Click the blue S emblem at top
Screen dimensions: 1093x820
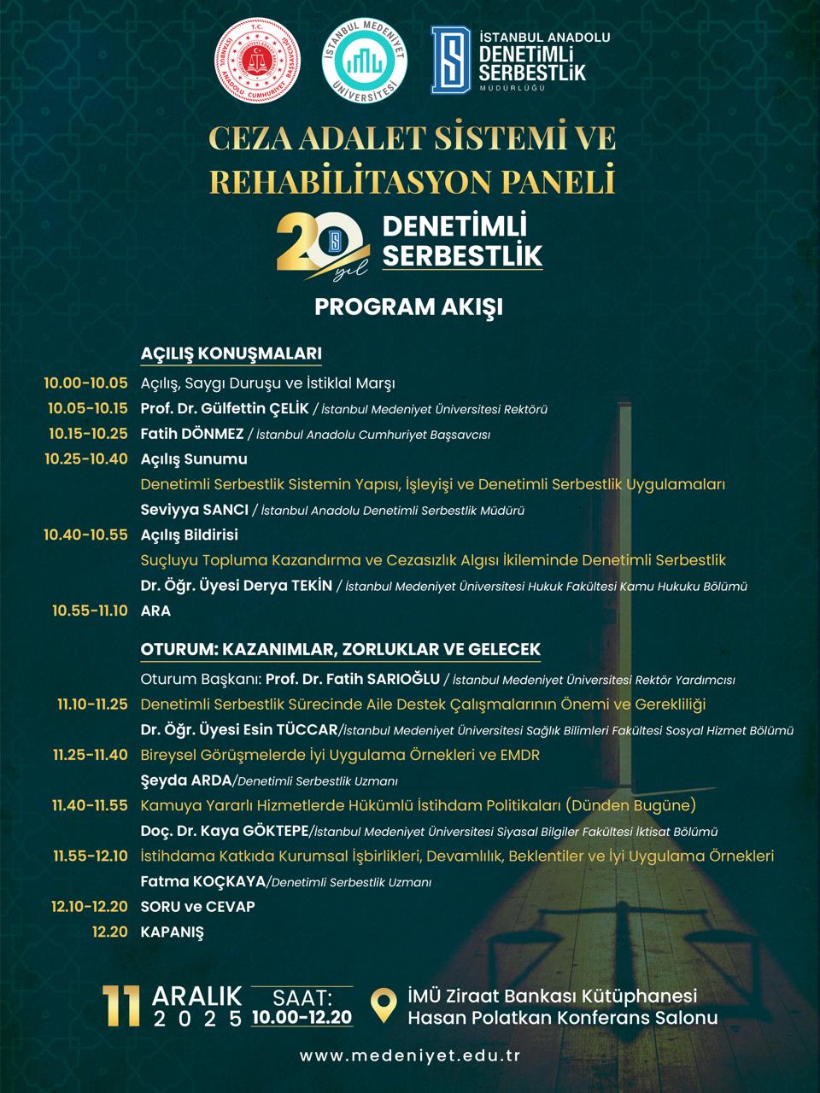[451, 57]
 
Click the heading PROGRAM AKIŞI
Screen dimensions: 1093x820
[408, 306]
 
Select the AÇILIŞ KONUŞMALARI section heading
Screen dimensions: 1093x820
[231, 354]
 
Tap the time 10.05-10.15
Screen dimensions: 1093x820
[87, 408]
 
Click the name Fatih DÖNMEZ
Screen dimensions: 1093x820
[191, 434]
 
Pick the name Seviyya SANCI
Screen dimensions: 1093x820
[194, 510]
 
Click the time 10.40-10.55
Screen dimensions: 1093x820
[85, 535]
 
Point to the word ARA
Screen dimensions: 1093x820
[155, 611]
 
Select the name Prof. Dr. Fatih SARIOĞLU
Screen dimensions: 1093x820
[352, 680]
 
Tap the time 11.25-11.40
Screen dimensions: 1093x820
[90, 755]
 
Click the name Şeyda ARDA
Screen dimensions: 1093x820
[185, 780]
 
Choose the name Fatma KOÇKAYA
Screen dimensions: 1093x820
[202, 881]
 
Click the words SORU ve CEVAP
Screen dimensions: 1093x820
[197, 906]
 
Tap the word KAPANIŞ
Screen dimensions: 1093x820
[172, 932]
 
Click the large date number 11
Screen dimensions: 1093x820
[120, 1006]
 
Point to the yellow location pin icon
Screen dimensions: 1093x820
[387, 1004]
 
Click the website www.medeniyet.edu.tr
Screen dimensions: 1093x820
[410, 1055]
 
